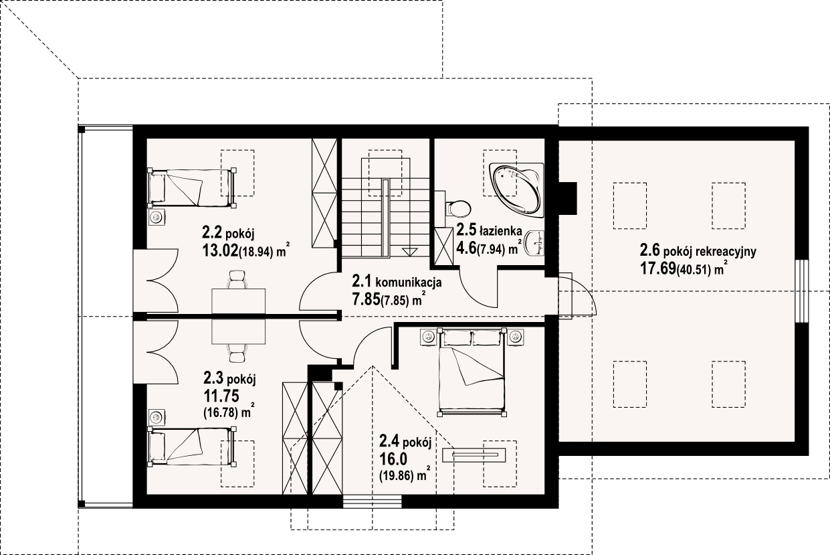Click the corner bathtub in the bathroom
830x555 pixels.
point(517,190)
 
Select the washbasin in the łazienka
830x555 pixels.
point(534,243)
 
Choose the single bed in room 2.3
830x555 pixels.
point(192,447)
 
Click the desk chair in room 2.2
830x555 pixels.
point(237,279)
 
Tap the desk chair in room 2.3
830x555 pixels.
point(237,352)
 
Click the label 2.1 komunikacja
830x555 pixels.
point(397,282)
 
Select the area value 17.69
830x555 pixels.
point(658,268)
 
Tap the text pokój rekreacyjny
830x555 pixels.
point(710,252)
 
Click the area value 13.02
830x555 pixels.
point(220,251)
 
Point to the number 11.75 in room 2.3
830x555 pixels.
point(221,396)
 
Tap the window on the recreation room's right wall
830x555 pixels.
point(801,291)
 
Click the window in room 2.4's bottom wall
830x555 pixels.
point(373,501)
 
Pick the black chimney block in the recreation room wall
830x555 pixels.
point(568,198)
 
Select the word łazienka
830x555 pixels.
point(500,231)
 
